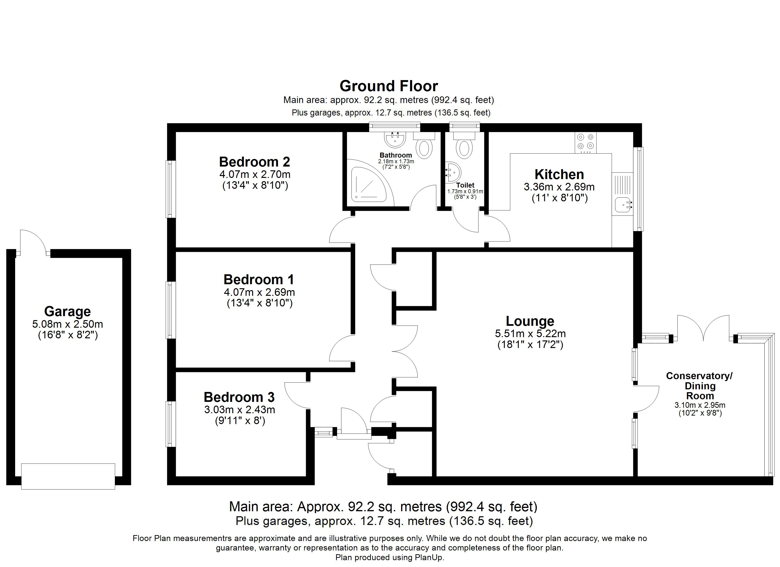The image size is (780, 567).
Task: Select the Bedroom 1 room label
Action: (259, 279)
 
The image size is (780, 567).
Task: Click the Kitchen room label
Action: (559, 175)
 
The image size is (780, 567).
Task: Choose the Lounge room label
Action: (530, 321)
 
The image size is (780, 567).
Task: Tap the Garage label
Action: (67, 312)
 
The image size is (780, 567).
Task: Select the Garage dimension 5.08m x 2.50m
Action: (67, 324)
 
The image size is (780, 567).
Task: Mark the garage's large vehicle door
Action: (68, 476)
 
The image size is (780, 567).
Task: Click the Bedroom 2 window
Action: (171, 189)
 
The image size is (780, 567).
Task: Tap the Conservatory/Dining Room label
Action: (700, 386)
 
